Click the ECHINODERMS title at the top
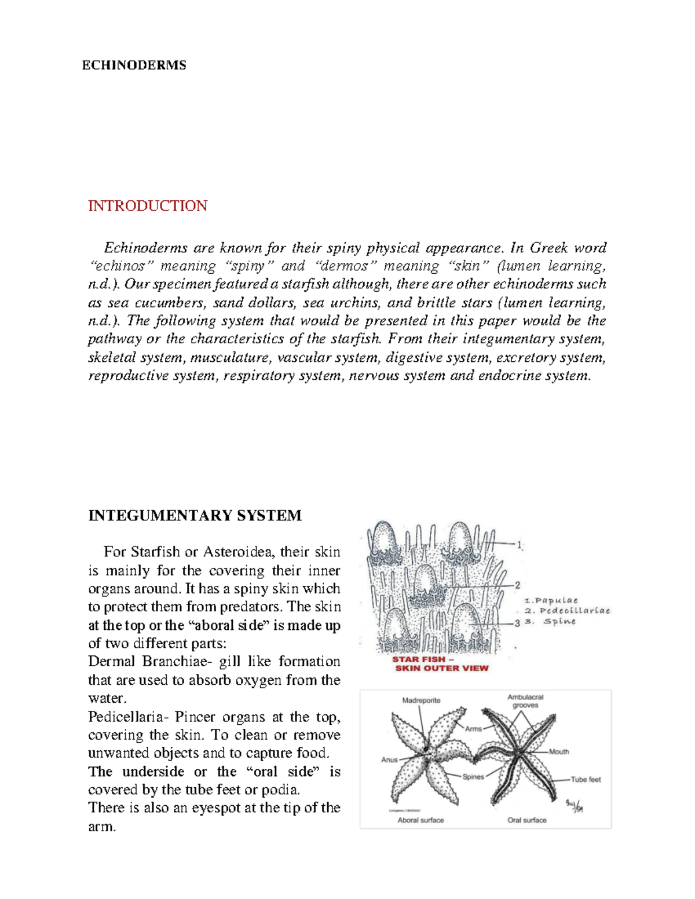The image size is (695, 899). [x=134, y=65]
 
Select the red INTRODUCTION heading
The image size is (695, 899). [x=148, y=206]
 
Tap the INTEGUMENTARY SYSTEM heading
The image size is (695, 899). [x=195, y=515]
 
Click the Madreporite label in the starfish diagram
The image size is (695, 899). [x=421, y=700]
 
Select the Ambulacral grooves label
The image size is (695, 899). [x=525, y=701]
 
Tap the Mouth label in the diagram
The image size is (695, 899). [x=559, y=752]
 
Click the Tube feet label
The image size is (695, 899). [x=586, y=780]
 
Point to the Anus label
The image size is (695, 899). [x=389, y=759]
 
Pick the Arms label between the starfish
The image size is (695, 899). [x=473, y=729]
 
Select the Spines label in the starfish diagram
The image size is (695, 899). [x=473, y=777]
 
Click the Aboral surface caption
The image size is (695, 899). [x=420, y=820]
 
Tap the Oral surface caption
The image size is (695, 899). [x=526, y=820]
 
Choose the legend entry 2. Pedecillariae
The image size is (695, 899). [x=567, y=611]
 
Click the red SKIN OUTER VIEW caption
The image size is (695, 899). [x=441, y=668]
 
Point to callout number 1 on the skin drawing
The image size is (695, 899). [x=520, y=544]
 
